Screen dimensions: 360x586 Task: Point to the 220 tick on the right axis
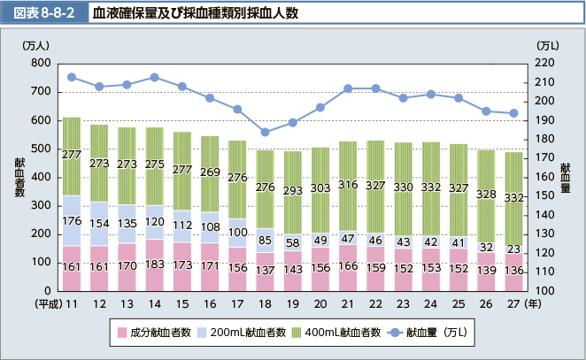point(545,64)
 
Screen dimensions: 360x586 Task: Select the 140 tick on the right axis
point(545,215)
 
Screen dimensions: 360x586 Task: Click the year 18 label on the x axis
point(265,303)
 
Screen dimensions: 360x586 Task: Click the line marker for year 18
point(265,132)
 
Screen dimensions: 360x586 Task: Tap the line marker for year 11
point(72,77)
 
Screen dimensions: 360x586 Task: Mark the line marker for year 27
point(513,113)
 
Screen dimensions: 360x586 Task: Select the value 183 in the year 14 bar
point(154,264)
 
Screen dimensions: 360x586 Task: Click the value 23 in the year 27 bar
point(513,250)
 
